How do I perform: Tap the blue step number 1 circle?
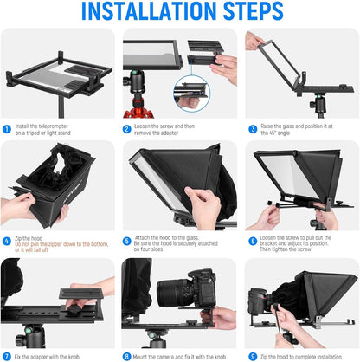point(7,129)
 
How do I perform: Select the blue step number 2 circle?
point(127,129)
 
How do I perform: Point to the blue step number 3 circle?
point(252,129)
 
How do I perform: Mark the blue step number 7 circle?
point(7,355)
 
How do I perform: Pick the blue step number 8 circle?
point(127,355)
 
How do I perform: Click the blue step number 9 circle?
point(252,355)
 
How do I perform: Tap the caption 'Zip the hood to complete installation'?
point(304,355)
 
